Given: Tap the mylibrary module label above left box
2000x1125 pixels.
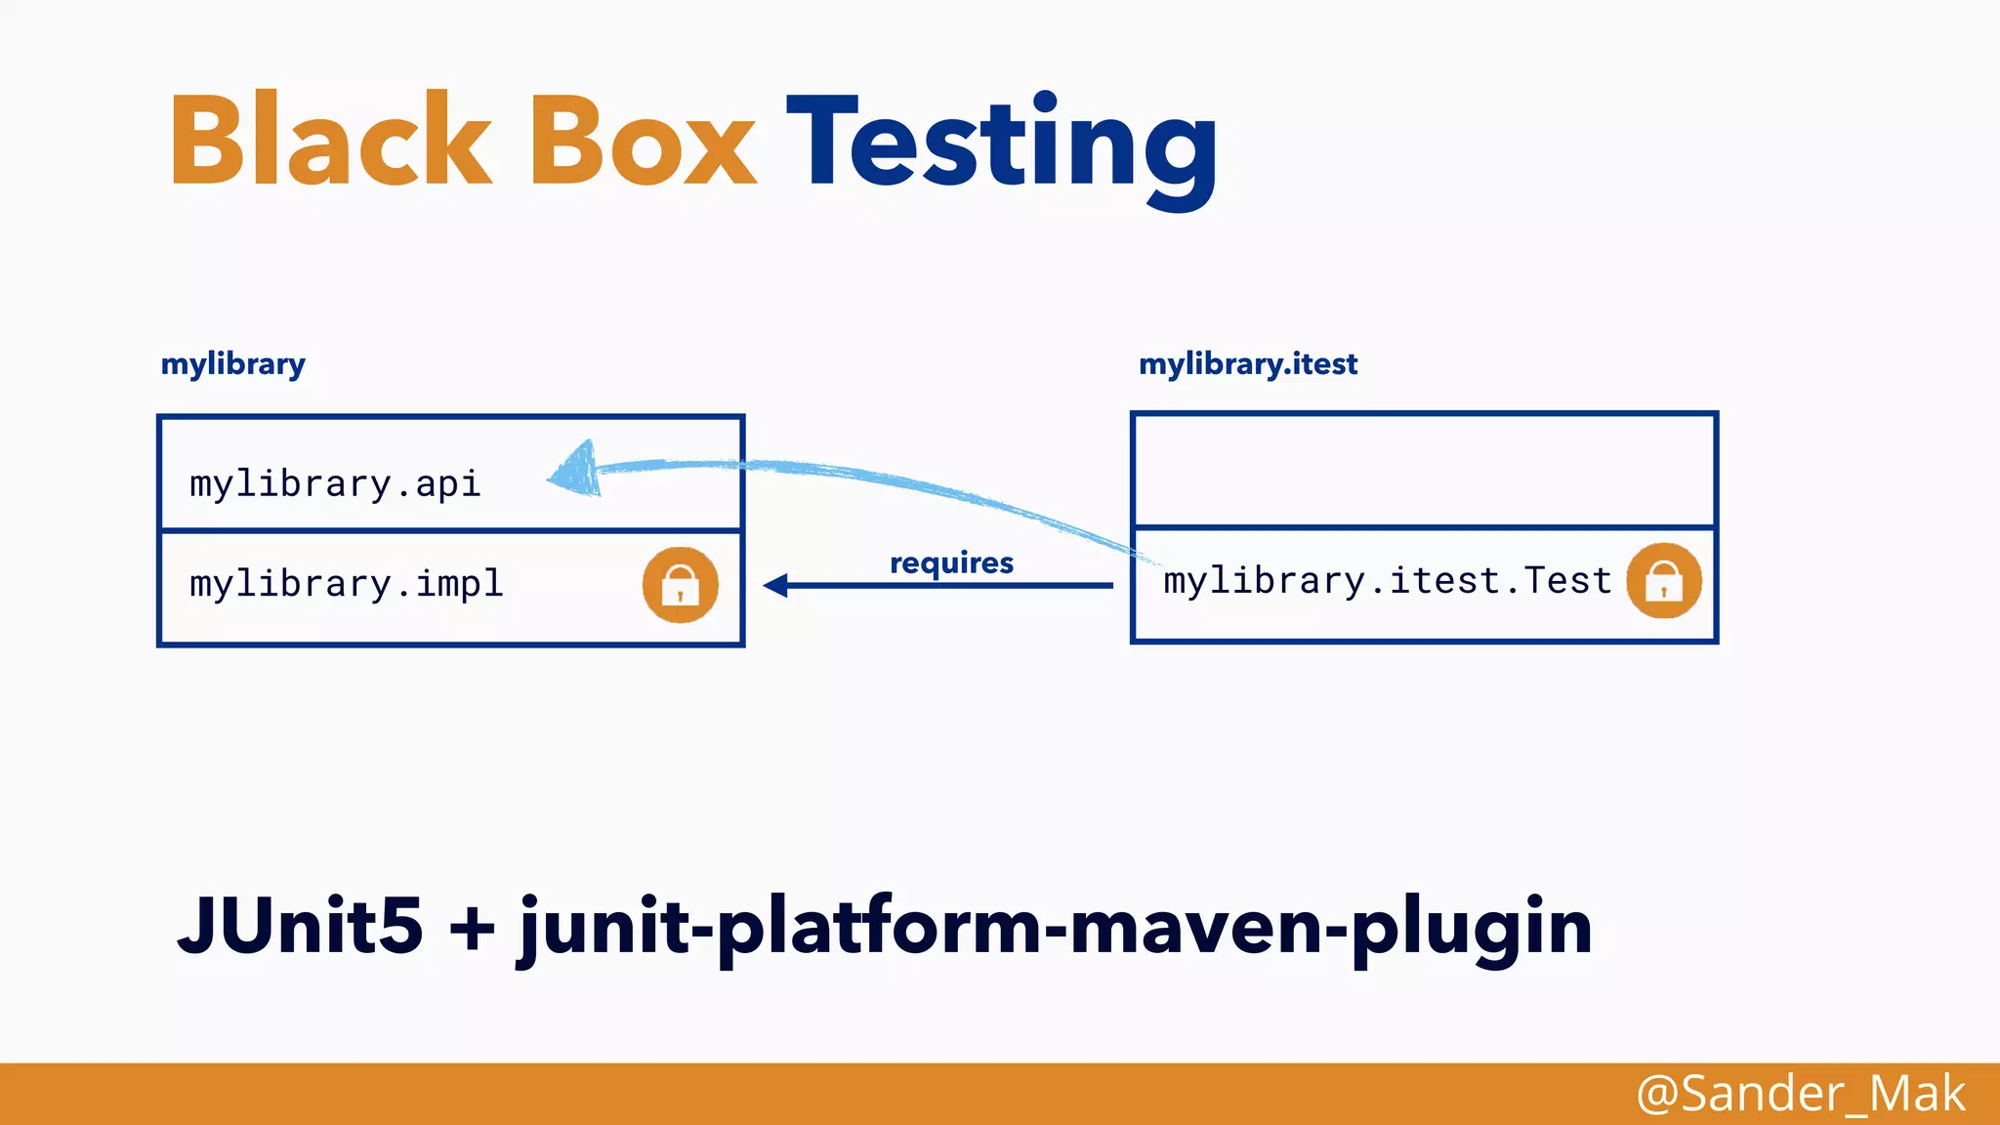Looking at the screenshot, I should click(x=232, y=364).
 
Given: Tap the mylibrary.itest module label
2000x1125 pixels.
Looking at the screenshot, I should click(x=1247, y=364).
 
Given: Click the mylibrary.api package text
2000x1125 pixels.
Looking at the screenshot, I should click(x=335, y=484).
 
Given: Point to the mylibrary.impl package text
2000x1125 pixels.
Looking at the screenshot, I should click(x=346, y=584).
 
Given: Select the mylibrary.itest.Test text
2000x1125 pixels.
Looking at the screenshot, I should click(x=1387, y=581).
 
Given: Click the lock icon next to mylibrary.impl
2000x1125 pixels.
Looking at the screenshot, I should click(x=680, y=585).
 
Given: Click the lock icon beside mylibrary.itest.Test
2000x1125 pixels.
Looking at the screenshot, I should click(x=1663, y=581).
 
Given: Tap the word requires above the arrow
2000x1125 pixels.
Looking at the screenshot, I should click(x=951, y=562).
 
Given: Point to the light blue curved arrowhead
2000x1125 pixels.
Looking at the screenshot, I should click(x=576, y=471).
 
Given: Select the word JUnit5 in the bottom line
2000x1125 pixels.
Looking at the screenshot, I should click(x=300, y=925).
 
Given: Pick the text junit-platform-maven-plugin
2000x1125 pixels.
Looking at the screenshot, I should click(x=1055, y=928).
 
